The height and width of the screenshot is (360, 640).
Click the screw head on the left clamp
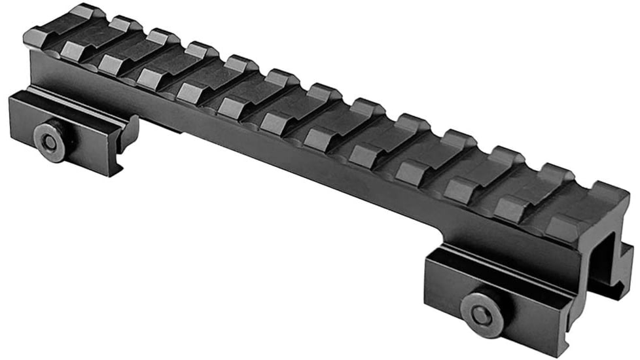click(50, 139)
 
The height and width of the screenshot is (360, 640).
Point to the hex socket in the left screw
click(48, 140)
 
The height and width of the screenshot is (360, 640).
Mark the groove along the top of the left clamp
click(65, 108)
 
